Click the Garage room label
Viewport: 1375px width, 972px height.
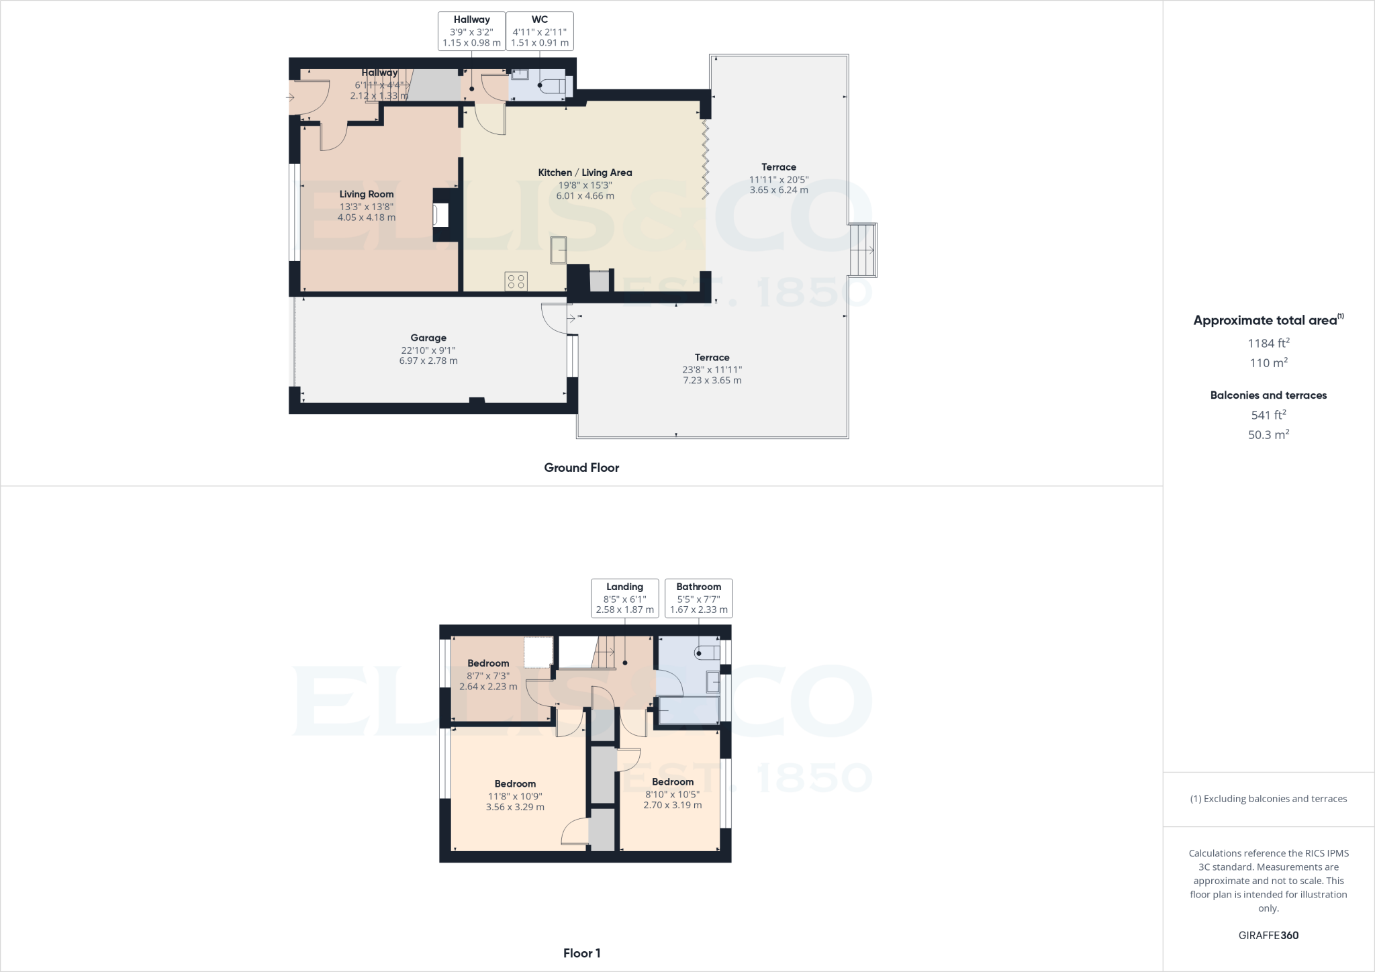pos(428,338)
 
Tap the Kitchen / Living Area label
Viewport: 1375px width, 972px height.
pos(585,173)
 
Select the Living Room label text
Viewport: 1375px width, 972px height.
pos(367,195)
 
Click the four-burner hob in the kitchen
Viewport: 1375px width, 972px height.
pos(517,281)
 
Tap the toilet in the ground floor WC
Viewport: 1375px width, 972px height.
pos(554,86)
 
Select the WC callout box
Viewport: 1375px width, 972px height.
pos(540,31)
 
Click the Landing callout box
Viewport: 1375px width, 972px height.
pos(624,598)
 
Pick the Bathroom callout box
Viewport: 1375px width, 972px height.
pos(698,598)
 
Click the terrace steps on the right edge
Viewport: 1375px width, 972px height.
pos(863,250)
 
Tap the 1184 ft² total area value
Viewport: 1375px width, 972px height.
pos(1268,343)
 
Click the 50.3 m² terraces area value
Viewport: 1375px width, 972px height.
pos(1268,434)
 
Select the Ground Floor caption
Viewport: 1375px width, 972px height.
pos(581,468)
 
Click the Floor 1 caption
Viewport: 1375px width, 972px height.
pos(581,953)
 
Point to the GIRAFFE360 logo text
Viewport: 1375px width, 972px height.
pos(1268,935)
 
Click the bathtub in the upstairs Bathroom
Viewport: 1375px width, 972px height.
pos(689,710)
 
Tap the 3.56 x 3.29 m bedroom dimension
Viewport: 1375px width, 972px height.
pos(515,807)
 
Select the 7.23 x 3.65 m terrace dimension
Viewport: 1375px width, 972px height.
pos(712,380)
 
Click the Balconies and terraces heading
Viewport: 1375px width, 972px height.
pos(1268,395)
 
